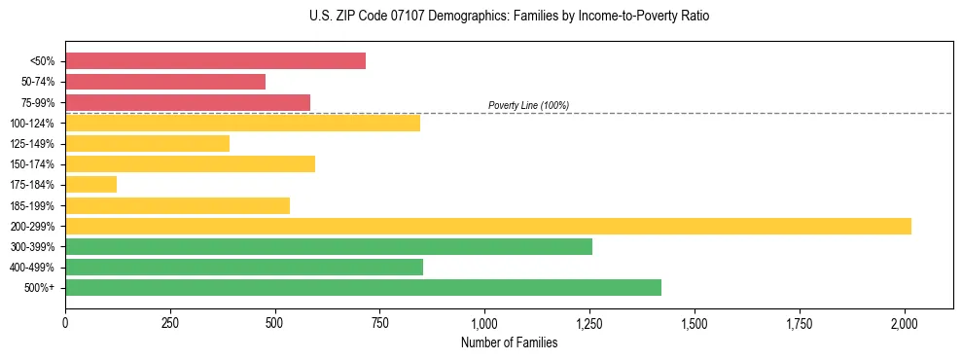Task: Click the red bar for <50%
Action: coord(215,61)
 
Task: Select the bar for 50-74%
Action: coord(165,82)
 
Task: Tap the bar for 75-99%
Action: coord(188,102)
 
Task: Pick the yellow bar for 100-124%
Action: coord(242,123)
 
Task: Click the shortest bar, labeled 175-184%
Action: coord(90,185)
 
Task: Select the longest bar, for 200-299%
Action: coord(488,226)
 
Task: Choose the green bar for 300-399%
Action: coord(329,247)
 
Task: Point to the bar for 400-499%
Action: coord(244,268)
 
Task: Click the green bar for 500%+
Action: coord(363,288)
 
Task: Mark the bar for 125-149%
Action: coord(147,144)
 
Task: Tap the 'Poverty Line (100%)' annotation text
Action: coord(528,105)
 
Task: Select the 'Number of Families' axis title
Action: coord(509,342)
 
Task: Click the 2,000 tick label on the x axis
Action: coord(905,322)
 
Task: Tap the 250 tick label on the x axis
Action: coord(170,322)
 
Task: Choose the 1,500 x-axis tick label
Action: coord(695,322)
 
